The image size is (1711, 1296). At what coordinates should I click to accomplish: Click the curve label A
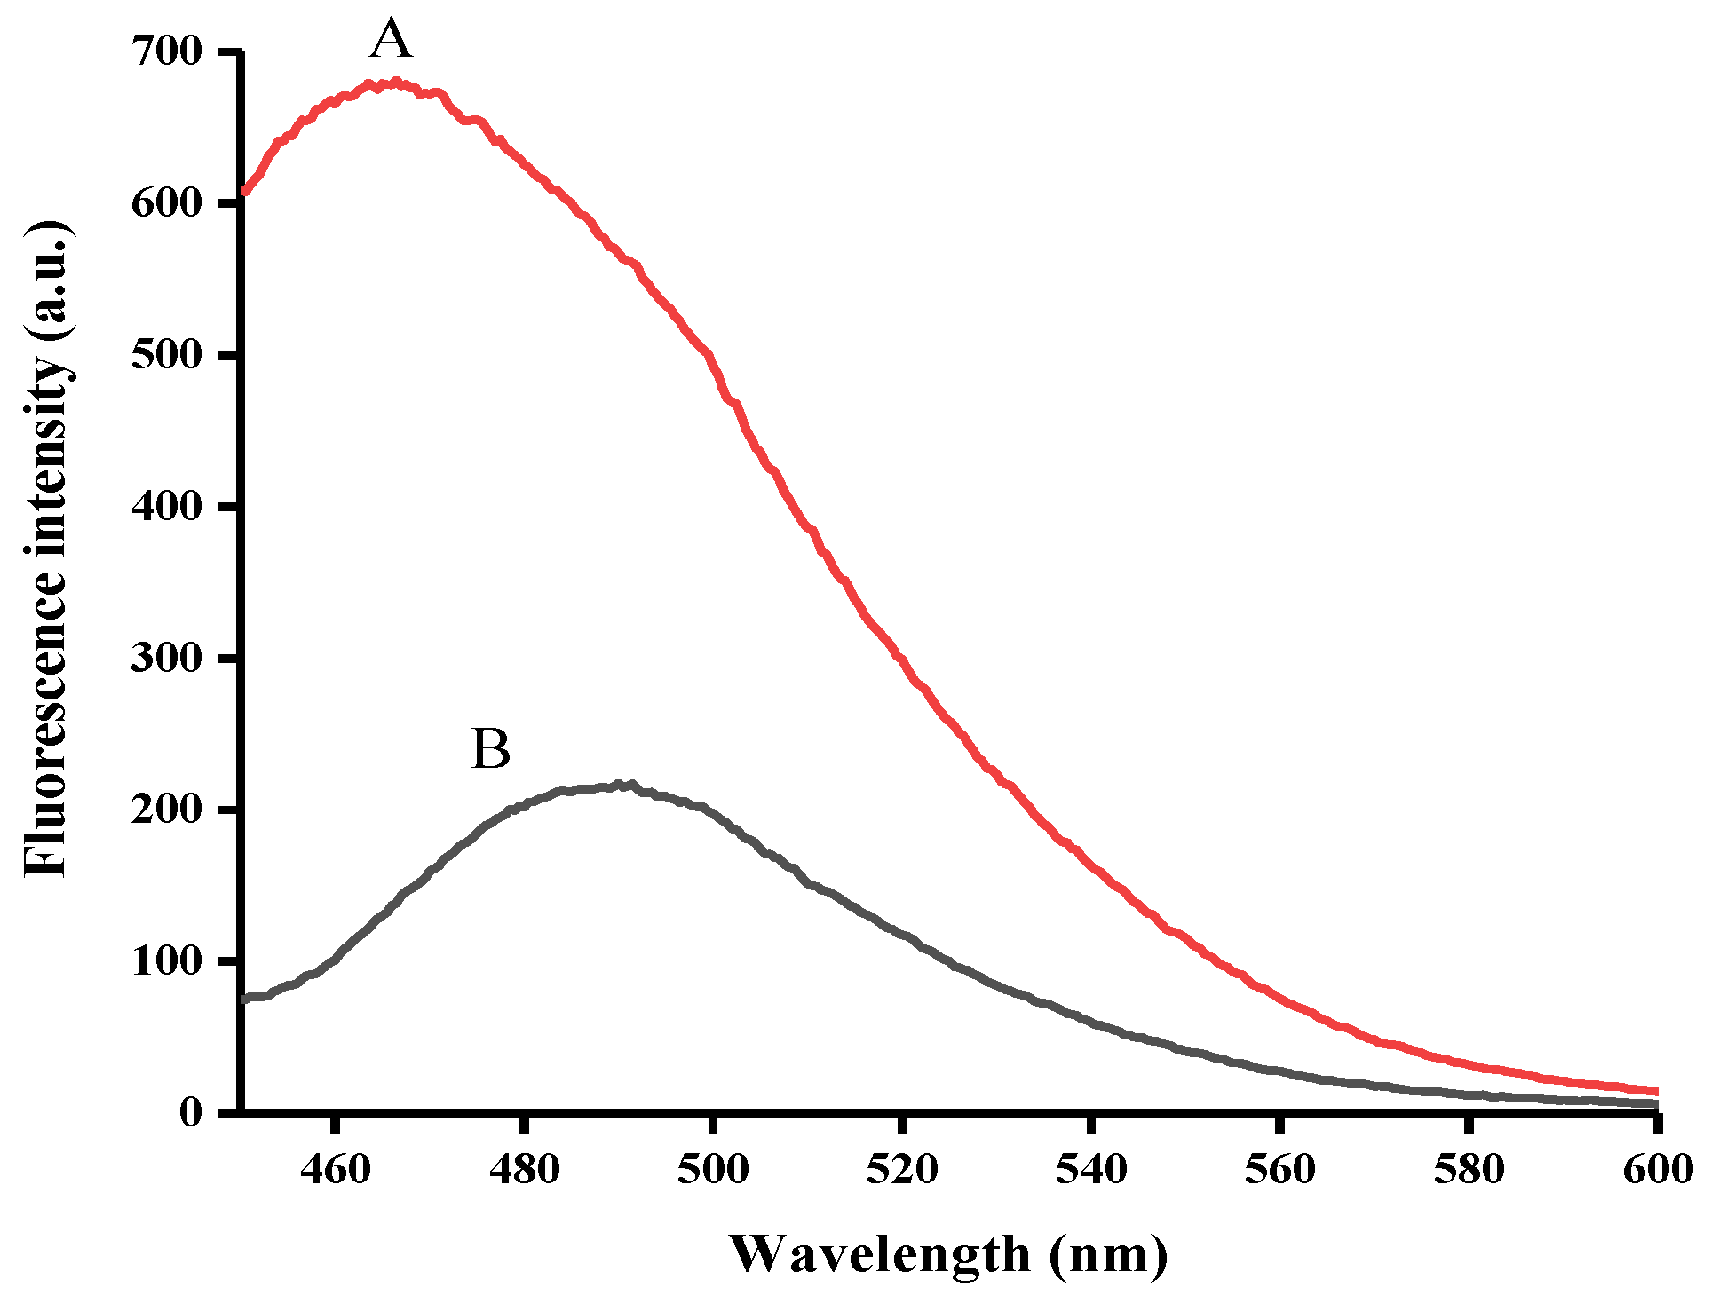[x=391, y=41]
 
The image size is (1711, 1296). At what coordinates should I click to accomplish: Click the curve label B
[x=490, y=750]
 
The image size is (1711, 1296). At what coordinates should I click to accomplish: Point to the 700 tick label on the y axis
[x=167, y=51]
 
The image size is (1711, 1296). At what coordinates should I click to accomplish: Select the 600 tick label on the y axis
[x=167, y=203]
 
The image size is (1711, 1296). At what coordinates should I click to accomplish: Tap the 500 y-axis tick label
[x=167, y=355]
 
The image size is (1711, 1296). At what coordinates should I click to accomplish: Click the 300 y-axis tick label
[x=167, y=658]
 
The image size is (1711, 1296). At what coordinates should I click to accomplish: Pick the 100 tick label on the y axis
[x=167, y=961]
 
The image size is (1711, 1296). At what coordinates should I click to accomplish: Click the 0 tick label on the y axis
[x=191, y=1113]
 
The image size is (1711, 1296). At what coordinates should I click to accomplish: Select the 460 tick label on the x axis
[x=335, y=1170]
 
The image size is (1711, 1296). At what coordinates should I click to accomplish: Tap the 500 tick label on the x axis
[x=713, y=1170]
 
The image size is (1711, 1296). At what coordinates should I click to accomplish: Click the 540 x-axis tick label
[x=1091, y=1170]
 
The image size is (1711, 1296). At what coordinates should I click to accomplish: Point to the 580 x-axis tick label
[x=1469, y=1170]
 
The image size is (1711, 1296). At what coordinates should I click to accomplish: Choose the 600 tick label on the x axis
[x=1657, y=1170]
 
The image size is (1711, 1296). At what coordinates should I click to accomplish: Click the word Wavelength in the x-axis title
[x=879, y=1255]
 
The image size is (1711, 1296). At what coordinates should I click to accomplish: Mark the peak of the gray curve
[x=622, y=785]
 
